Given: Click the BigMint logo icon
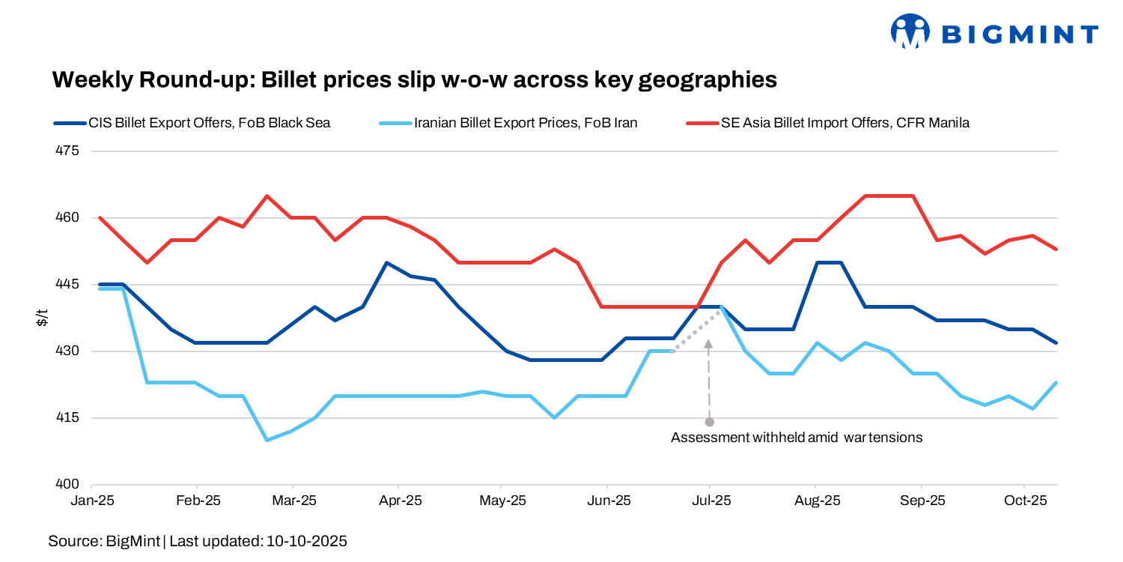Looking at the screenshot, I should point(910,31).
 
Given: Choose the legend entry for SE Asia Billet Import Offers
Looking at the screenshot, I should point(845,123).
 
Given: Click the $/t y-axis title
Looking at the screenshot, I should point(43,318).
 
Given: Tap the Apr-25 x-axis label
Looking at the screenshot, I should point(401,500).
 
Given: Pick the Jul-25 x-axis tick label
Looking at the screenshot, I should point(710,500).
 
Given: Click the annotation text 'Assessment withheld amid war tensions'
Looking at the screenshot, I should point(797,438).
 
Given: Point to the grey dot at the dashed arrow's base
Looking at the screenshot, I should point(710,422).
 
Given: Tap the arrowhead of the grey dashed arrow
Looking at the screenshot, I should point(709,345).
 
